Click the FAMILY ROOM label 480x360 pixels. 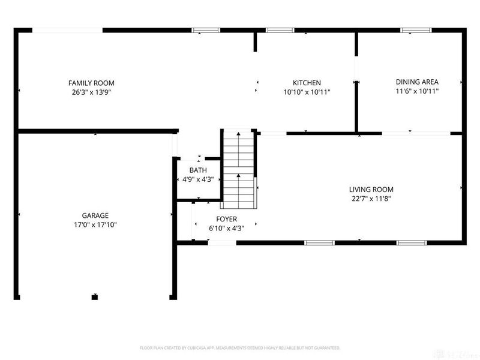pyautogui.click(x=91, y=83)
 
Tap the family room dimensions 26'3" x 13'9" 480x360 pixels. pyautogui.click(x=91, y=92)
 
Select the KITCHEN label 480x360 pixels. pyautogui.click(x=307, y=83)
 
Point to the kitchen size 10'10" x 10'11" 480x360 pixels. pyautogui.click(x=307, y=92)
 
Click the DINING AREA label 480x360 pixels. pyautogui.click(x=417, y=82)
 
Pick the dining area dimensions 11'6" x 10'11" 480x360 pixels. pyautogui.click(x=417, y=91)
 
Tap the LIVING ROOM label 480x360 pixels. pyautogui.click(x=372, y=189)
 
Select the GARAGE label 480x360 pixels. pyautogui.click(x=95, y=215)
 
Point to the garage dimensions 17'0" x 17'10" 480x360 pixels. pyautogui.click(x=95, y=225)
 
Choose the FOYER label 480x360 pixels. pyautogui.click(x=227, y=219)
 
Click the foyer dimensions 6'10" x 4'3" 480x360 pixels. pyautogui.click(x=227, y=228)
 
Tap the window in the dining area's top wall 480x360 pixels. pyautogui.click(x=415, y=30)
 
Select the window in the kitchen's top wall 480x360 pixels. pyautogui.click(x=280, y=30)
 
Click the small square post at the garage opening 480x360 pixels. pyautogui.click(x=95, y=296)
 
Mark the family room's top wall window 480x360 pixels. pyautogui.click(x=206, y=30)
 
